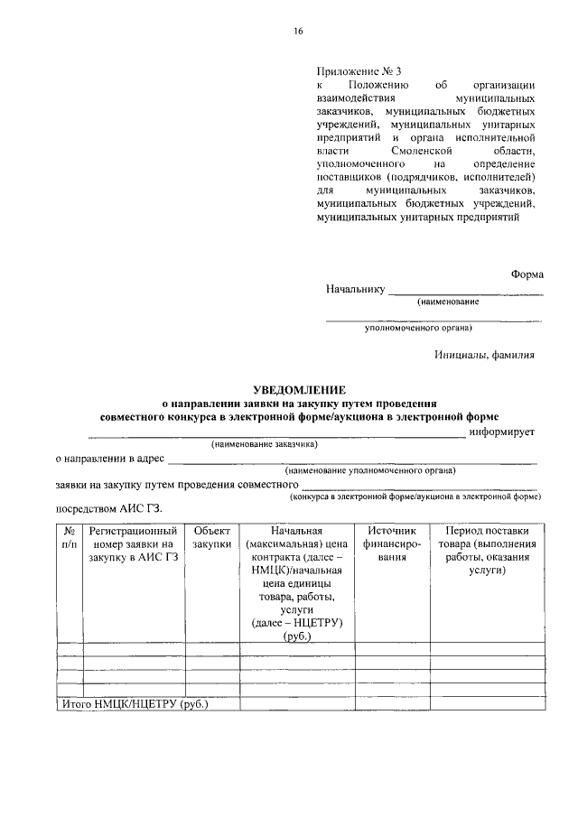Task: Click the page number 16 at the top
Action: [298, 31]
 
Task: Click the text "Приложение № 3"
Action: [357, 70]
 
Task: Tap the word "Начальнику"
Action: [356, 290]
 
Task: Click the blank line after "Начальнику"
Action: [465, 292]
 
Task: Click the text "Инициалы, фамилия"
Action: [484, 355]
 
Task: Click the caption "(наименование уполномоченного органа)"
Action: [369, 470]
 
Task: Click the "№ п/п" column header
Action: [70, 538]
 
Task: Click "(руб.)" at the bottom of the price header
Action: [296, 636]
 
